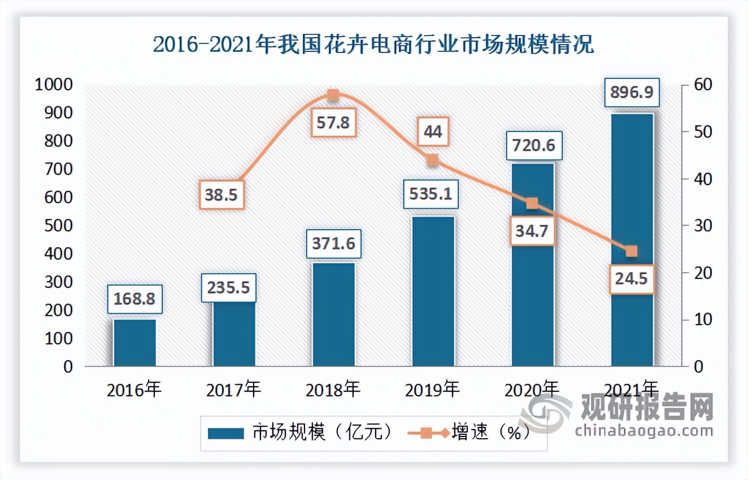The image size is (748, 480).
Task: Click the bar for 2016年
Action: (x=134, y=343)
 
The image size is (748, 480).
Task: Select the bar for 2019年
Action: (x=433, y=291)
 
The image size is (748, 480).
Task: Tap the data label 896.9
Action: (x=632, y=92)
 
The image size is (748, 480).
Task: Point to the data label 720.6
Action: (x=532, y=146)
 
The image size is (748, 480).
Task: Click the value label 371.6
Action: (x=333, y=243)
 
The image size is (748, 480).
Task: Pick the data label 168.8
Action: (x=135, y=299)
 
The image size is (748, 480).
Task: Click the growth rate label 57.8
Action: (x=333, y=122)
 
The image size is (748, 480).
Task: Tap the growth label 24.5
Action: (x=632, y=279)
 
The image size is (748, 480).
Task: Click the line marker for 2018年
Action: (x=333, y=95)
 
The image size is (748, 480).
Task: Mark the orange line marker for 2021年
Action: (x=632, y=251)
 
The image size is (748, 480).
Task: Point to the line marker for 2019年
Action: (x=433, y=160)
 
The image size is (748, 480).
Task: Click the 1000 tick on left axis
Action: (x=53, y=85)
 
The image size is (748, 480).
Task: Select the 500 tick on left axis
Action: (x=59, y=226)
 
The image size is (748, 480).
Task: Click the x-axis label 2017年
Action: (x=234, y=390)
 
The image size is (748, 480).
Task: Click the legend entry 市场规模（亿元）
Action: (x=299, y=433)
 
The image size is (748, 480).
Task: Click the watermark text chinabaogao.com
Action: (x=644, y=431)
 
